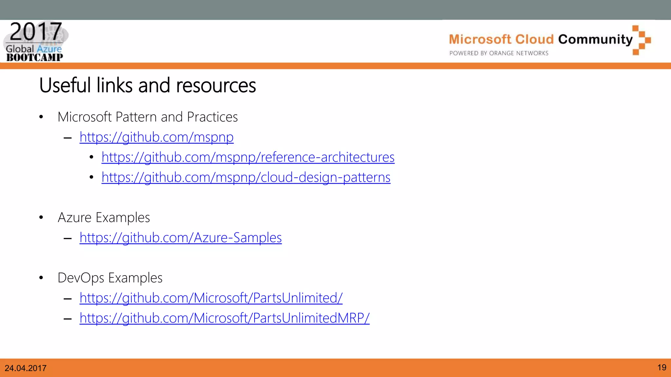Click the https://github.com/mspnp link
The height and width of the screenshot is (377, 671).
click(x=156, y=137)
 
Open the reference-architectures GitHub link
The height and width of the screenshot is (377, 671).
click(x=248, y=157)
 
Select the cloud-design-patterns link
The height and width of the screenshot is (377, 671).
click(x=246, y=177)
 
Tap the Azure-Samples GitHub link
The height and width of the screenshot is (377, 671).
click(x=181, y=238)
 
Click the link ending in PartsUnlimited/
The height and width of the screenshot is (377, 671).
click(x=211, y=298)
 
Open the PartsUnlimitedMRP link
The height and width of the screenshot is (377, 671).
click(x=224, y=318)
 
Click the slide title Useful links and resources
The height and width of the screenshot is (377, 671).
click(x=147, y=85)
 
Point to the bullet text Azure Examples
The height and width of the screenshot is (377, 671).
click(x=104, y=218)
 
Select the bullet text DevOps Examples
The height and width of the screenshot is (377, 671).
click(x=110, y=278)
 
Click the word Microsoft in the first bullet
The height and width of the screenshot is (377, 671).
click(x=85, y=117)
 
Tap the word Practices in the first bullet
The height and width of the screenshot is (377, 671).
click(x=212, y=117)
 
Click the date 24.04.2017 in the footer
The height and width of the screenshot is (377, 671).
click(x=26, y=368)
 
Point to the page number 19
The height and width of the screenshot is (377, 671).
click(x=661, y=368)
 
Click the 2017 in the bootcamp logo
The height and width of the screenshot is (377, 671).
click(x=36, y=32)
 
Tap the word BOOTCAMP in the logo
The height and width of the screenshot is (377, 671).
click(x=35, y=58)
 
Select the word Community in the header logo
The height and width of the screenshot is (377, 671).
click(x=595, y=40)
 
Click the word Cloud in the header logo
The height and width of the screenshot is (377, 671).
click(x=534, y=40)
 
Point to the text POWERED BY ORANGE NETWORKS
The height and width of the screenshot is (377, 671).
click(x=499, y=53)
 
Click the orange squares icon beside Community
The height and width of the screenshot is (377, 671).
click(x=641, y=40)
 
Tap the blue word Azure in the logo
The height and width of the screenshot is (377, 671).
click(x=49, y=49)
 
